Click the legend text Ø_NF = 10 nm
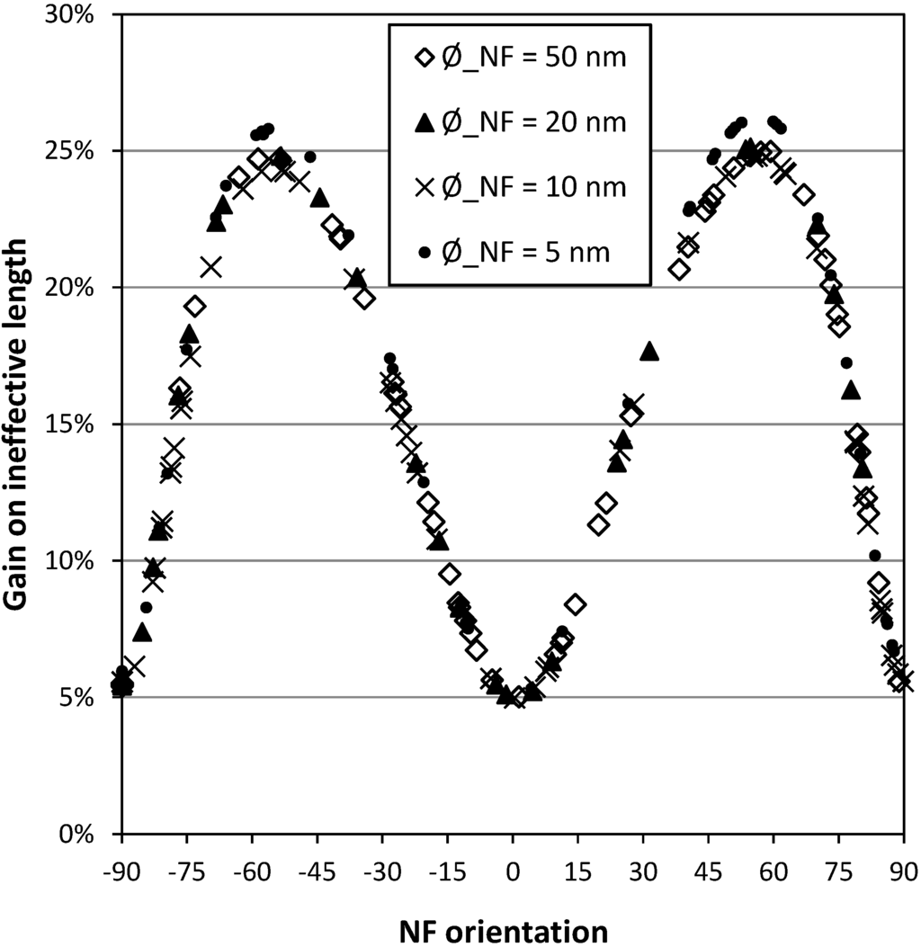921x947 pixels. coord(529,188)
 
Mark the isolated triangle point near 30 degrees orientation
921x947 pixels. coord(649,351)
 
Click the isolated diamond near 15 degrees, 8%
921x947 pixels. coord(575,604)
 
